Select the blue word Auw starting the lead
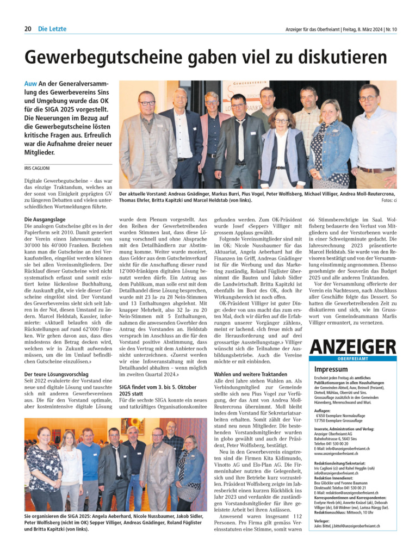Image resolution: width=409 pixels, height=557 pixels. coord(30,84)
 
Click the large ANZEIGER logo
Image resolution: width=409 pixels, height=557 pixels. coord(352,346)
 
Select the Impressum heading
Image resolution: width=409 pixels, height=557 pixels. coord(331,369)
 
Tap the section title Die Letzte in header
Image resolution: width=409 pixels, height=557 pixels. coord(52,29)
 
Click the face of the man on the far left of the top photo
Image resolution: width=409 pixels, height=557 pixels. coord(146,101)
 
